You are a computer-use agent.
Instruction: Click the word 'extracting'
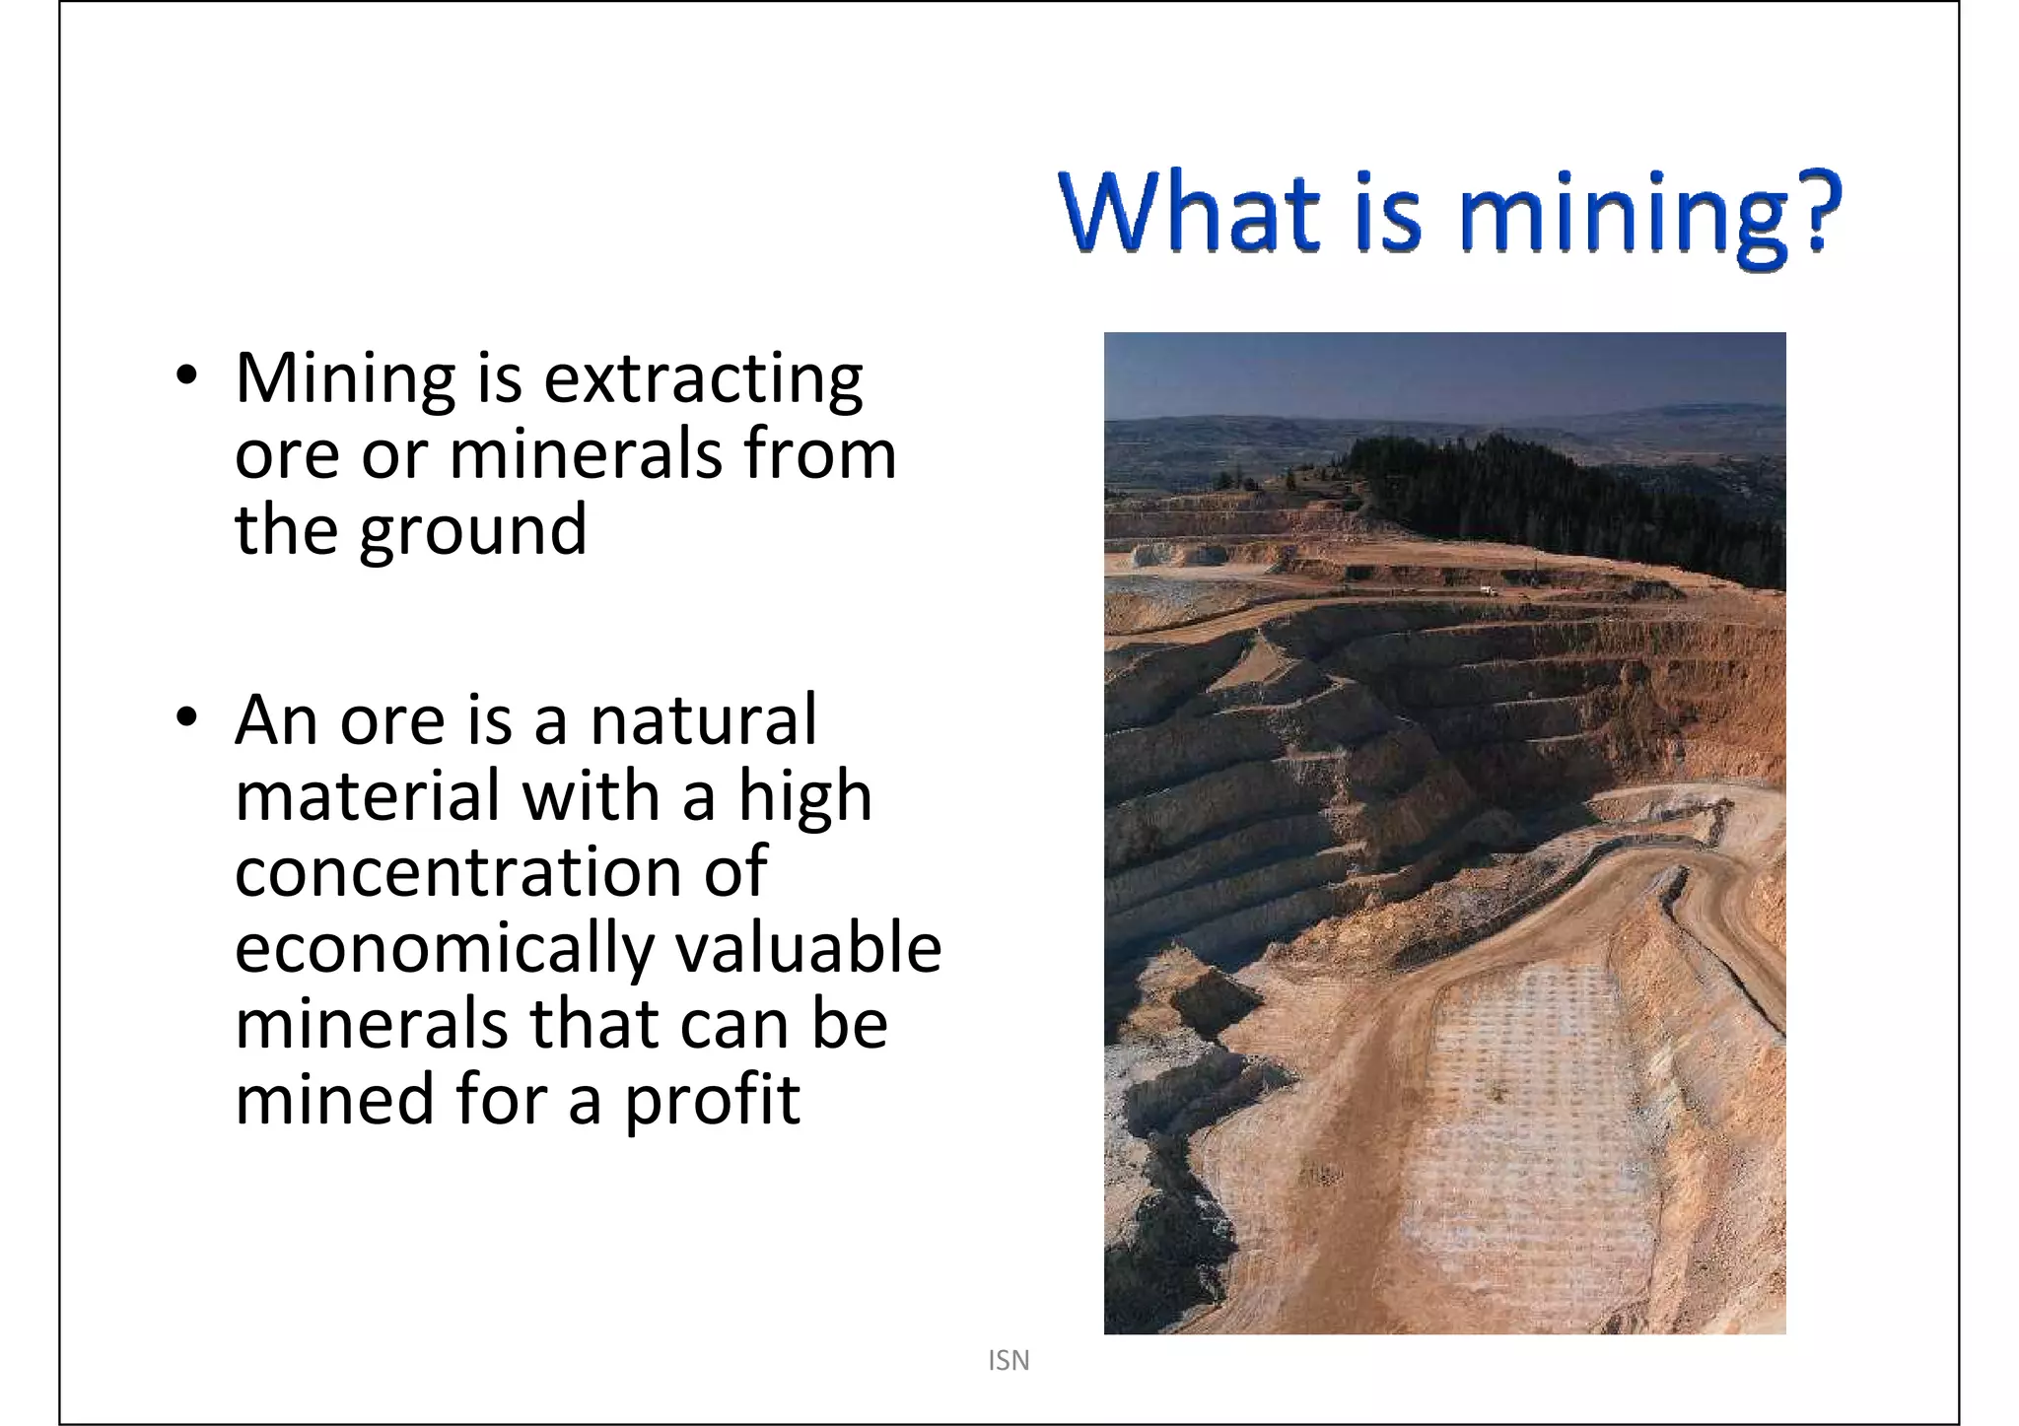(x=703, y=379)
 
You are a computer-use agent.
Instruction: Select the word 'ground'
(x=473, y=532)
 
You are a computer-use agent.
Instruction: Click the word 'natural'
(x=703, y=719)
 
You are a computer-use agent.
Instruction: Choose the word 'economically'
(x=445, y=950)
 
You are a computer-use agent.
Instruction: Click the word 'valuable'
(x=807, y=948)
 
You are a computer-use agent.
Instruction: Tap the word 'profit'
(x=712, y=1102)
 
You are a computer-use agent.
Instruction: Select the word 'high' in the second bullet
(x=805, y=796)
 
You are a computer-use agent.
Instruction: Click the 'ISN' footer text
(x=1009, y=1361)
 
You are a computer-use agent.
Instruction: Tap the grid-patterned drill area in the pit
(x=1538, y=1104)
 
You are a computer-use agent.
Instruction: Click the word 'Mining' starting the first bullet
(x=345, y=379)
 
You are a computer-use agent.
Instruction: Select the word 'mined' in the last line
(x=336, y=1100)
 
